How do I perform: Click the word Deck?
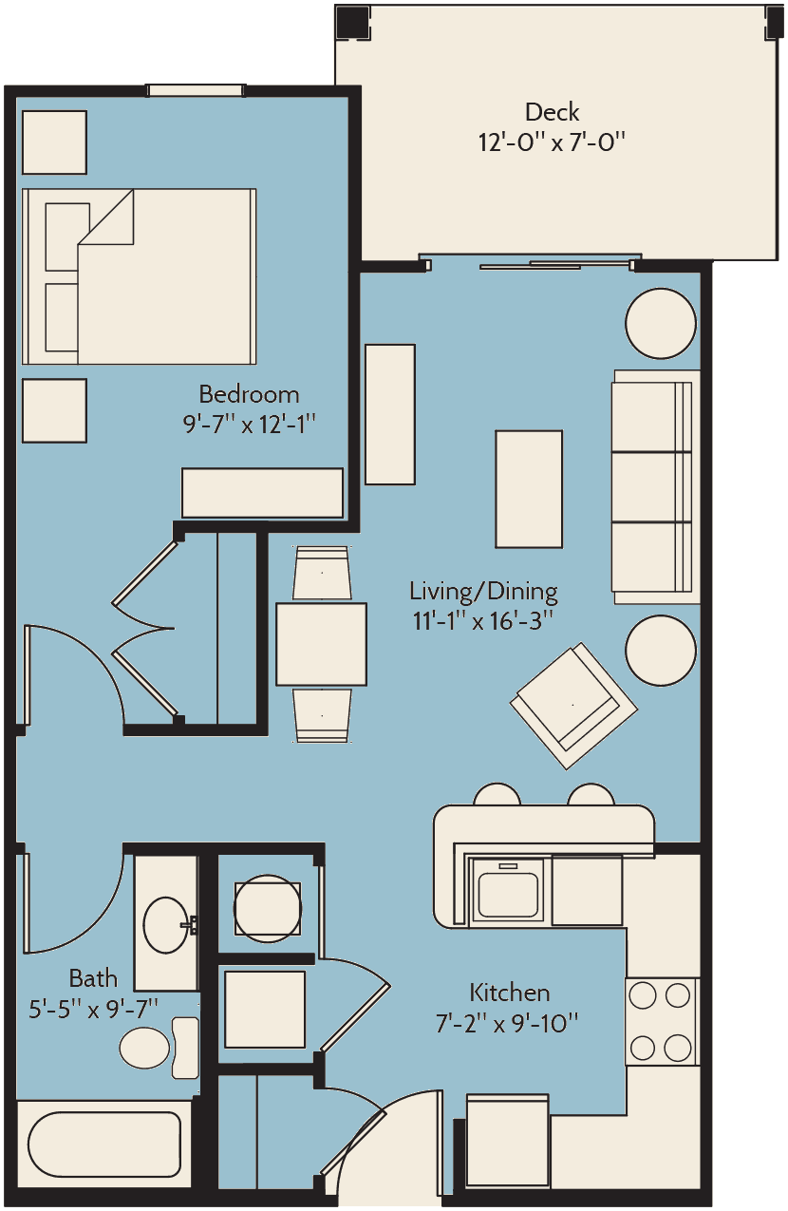552,112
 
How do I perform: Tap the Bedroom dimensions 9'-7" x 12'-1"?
249,424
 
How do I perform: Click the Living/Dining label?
483,592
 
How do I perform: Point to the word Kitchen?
509,993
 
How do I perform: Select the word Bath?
93,978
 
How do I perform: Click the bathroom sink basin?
166,925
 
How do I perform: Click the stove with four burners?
662,1021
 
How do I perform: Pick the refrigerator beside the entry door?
508,1140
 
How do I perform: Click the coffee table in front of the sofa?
529,489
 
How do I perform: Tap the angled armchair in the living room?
573,705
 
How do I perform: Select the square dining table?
321,644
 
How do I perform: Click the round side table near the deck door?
661,323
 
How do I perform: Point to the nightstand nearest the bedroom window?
54,142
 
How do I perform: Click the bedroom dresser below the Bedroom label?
262,493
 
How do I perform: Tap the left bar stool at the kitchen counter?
497,794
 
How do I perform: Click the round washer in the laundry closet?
268,909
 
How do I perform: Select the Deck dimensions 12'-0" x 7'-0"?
552,142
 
